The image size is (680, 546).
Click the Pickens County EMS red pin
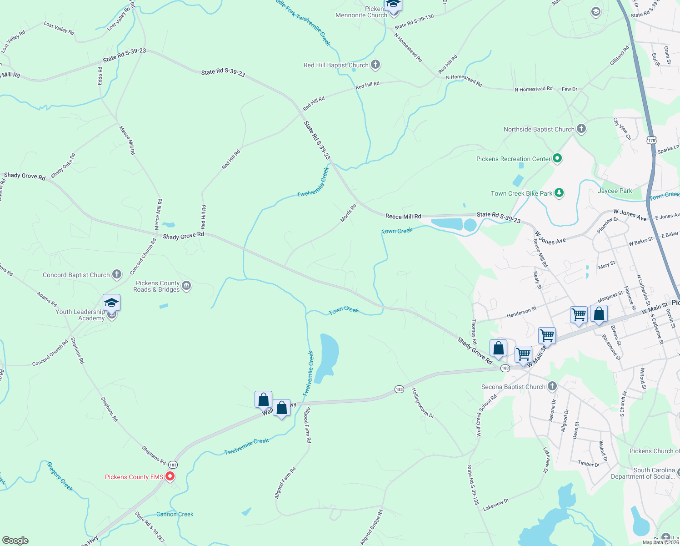[170, 476]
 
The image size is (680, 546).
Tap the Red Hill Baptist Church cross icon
[375, 65]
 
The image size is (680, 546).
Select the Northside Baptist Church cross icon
[581, 129]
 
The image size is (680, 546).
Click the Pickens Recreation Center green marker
[557, 158]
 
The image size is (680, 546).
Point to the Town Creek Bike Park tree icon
[559, 193]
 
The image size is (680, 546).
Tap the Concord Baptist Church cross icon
[117, 274]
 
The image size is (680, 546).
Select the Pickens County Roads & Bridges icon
[186, 286]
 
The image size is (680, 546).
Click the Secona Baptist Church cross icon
[552, 386]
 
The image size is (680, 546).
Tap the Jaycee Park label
[615, 191]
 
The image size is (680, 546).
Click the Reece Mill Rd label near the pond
[403, 216]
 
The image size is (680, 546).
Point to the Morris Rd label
[349, 213]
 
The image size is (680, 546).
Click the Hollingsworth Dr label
[423, 403]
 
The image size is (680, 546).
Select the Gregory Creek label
[60, 476]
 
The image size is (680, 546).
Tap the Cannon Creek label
[175, 514]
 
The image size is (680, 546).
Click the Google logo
[15, 541]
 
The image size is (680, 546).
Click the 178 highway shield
[652, 141]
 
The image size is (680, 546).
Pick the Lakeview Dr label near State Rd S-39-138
[495, 504]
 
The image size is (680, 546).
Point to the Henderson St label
[521, 312]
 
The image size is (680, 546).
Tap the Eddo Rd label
[100, 76]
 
